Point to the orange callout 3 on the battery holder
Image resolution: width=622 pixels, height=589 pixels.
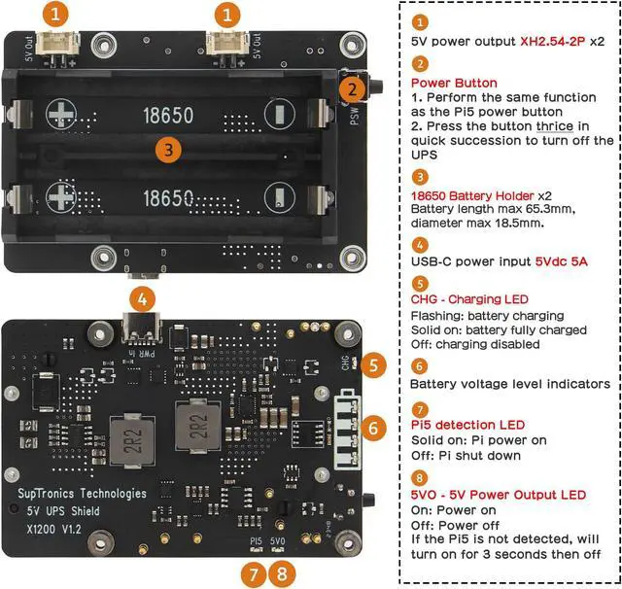pos(169,150)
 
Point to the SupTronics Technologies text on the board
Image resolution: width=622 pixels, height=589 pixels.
pos(83,494)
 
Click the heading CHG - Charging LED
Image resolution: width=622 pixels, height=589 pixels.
pos(469,299)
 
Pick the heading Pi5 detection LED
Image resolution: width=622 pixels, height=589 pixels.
pos(467,424)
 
